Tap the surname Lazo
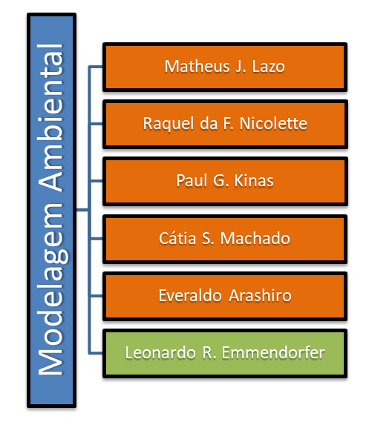[268, 67]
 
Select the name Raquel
[169, 124]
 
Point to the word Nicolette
[273, 124]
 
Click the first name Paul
[192, 180]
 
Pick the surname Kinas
[254, 180]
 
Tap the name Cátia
[177, 238]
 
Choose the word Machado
[255, 238]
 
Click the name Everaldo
[190, 295]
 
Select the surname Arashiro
[260, 295]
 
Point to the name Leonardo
[160, 352]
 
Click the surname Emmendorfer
[273, 352]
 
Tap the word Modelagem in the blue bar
[51, 289]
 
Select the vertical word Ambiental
[50, 118]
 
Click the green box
[225, 353]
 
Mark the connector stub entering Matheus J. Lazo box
[96, 67]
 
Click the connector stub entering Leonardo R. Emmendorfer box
[96, 353]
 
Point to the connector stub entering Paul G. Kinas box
[96, 181]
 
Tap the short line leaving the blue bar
[82, 209]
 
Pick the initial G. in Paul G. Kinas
[221, 180]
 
